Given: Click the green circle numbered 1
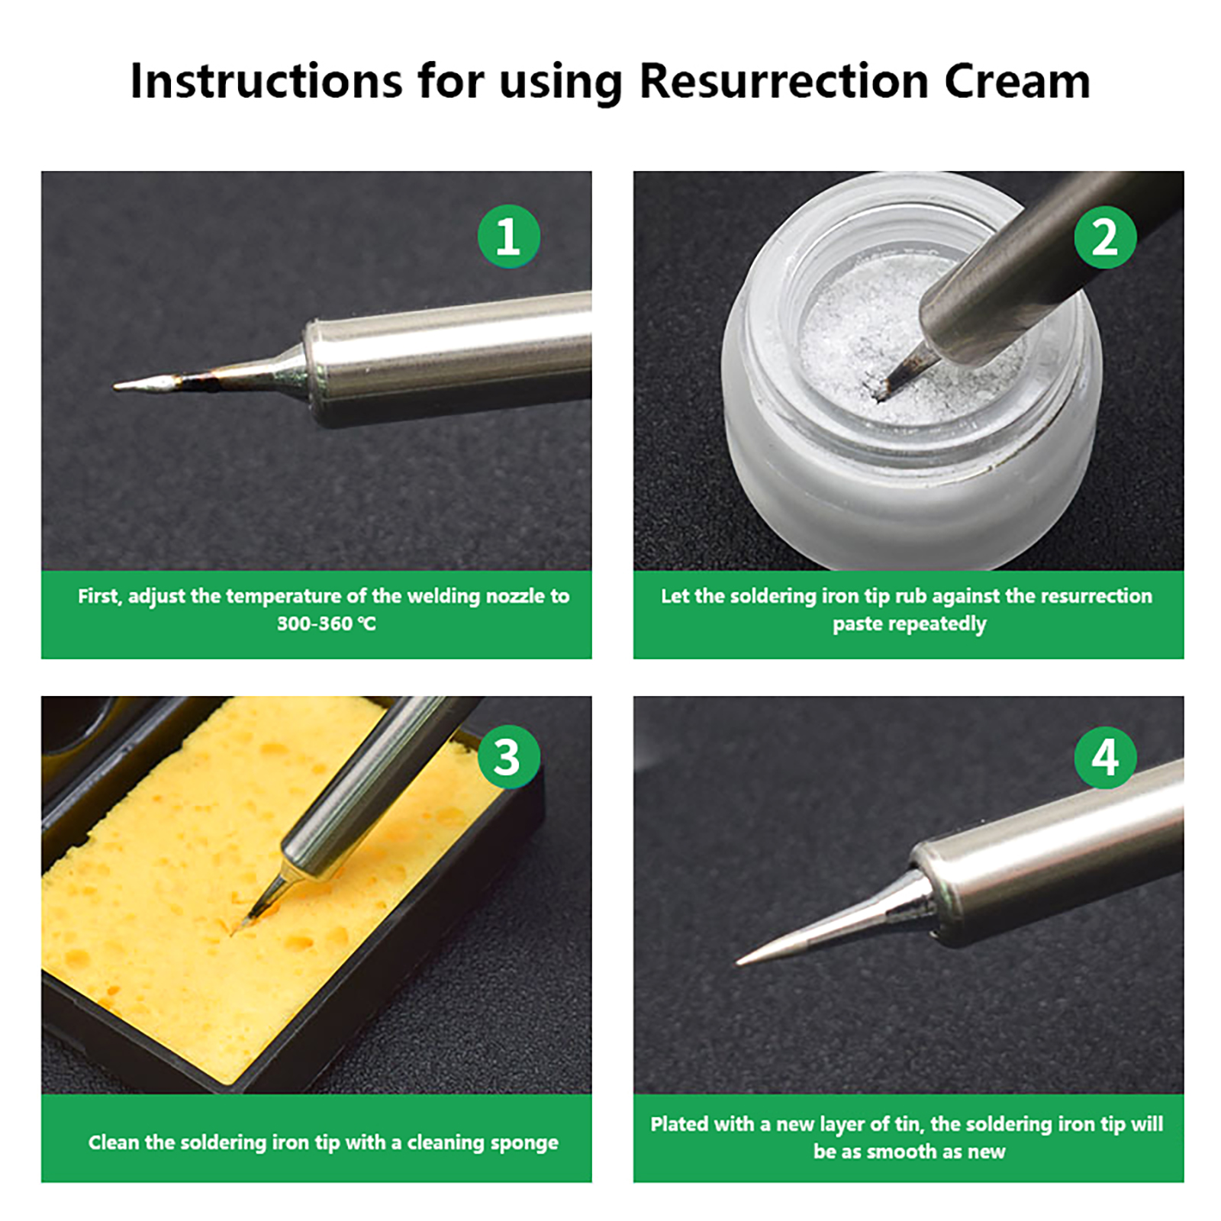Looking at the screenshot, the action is (508, 237).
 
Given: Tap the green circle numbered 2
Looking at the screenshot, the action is (1105, 237).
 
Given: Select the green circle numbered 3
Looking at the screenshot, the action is (508, 758).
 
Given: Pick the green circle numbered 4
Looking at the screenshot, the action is (1105, 758).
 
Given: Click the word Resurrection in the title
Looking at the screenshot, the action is (784, 80).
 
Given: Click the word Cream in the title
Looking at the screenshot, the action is (1017, 80).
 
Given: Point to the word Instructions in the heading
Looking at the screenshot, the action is (266, 80).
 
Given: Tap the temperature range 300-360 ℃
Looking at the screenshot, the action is (327, 623).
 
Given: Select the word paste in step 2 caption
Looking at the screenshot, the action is (855, 625).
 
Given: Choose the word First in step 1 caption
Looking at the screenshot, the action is (100, 596).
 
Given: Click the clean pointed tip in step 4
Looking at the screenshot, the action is (738, 963).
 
